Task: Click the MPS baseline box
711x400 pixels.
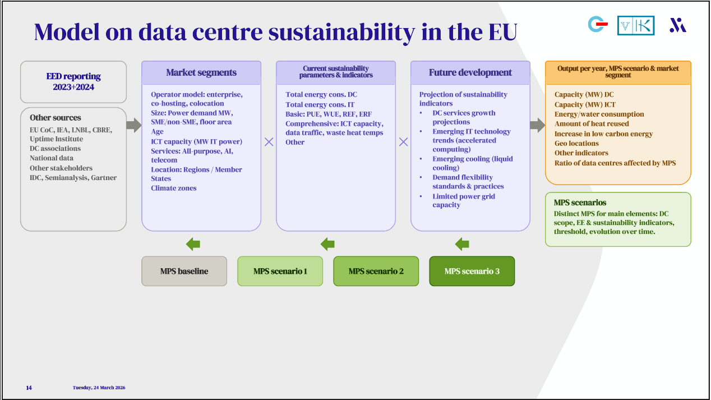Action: (184, 271)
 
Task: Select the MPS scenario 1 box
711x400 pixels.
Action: (280, 271)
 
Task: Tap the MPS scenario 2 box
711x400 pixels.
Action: (376, 271)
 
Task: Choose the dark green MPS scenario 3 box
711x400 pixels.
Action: (472, 271)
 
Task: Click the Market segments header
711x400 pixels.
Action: (201, 73)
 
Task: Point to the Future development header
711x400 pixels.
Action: (470, 73)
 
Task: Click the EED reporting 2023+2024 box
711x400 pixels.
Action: (73, 82)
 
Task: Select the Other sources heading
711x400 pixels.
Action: (55, 118)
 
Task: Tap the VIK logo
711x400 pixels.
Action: (635, 25)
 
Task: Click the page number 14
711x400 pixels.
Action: (29, 388)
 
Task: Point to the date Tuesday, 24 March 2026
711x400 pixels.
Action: (99, 388)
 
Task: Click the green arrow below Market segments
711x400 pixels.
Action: (193, 244)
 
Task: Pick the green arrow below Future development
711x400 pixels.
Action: (462, 244)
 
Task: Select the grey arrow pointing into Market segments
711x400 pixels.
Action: (133, 125)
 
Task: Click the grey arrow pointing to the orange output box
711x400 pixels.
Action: (537, 125)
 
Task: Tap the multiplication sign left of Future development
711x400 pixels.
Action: (403, 142)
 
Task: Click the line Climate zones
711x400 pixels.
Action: (174, 188)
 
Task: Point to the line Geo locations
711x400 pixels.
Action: (576, 144)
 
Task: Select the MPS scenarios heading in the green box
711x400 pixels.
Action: (580, 203)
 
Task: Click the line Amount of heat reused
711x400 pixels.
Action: (592, 124)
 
